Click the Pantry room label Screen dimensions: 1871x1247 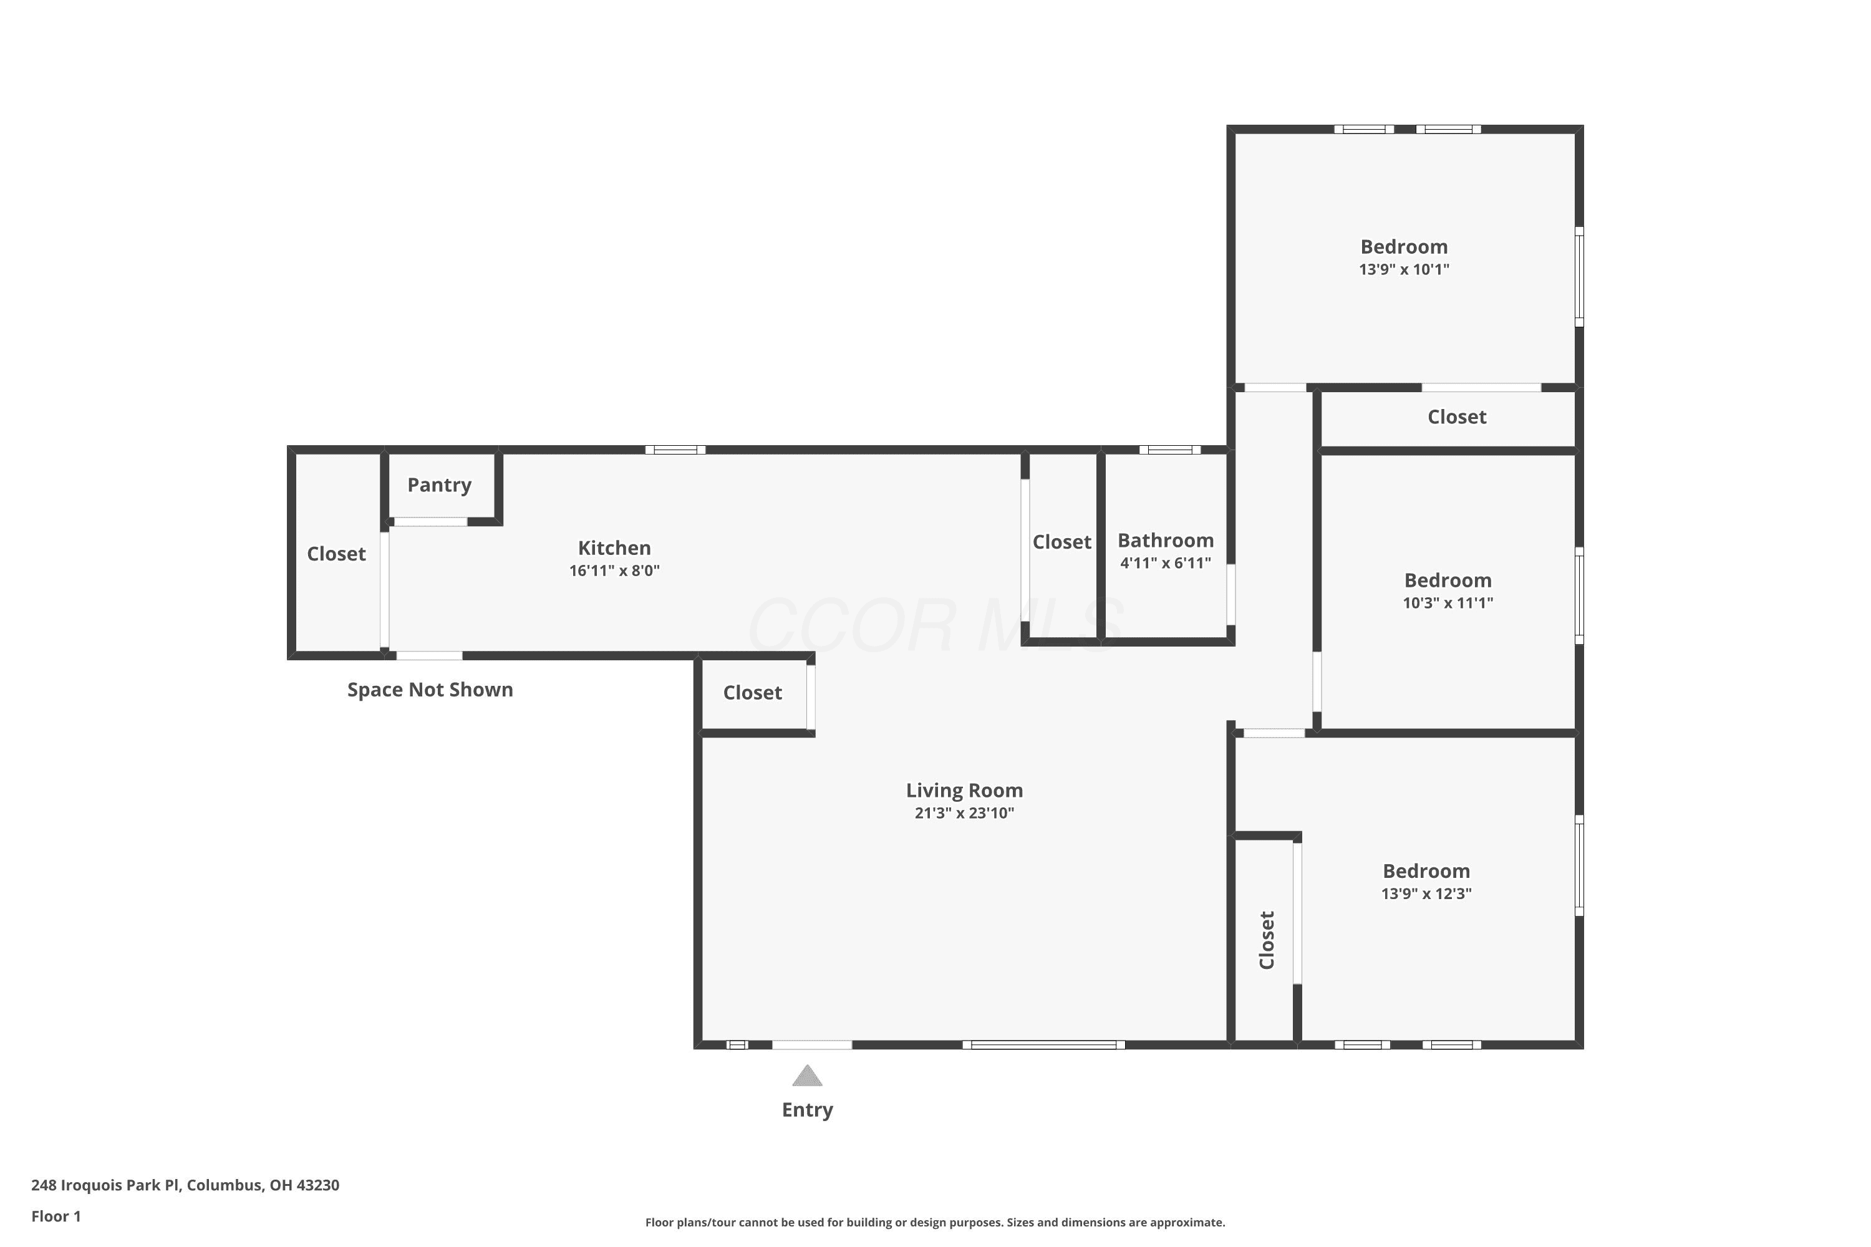pyautogui.click(x=439, y=485)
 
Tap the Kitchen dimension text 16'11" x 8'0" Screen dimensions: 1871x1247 pyautogui.click(x=614, y=571)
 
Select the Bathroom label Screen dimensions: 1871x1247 pyautogui.click(x=1166, y=541)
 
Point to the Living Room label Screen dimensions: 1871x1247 pyautogui.click(x=964, y=791)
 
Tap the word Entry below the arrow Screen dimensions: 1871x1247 pyautogui.click(x=808, y=1110)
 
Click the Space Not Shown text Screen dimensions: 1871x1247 pyautogui.click(x=430, y=690)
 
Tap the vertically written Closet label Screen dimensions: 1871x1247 pyautogui.click(x=1267, y=940)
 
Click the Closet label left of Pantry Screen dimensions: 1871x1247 pyautogui.click(x=337, y=554)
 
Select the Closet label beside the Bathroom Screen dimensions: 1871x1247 pyautogui.click(x=1062, y=542)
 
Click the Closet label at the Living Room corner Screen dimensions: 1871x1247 pyautogui.click(x=753, y=693)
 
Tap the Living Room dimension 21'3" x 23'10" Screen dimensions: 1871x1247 pyautogui.click(x=964, y=813)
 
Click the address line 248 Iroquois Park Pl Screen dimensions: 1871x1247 pyautogui.click(x=185, y=1185)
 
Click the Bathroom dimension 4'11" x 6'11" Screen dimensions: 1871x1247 pyautogui.click(x=1166, y=563)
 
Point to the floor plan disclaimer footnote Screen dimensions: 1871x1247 pyautogui.click(x=935, y=1222)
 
